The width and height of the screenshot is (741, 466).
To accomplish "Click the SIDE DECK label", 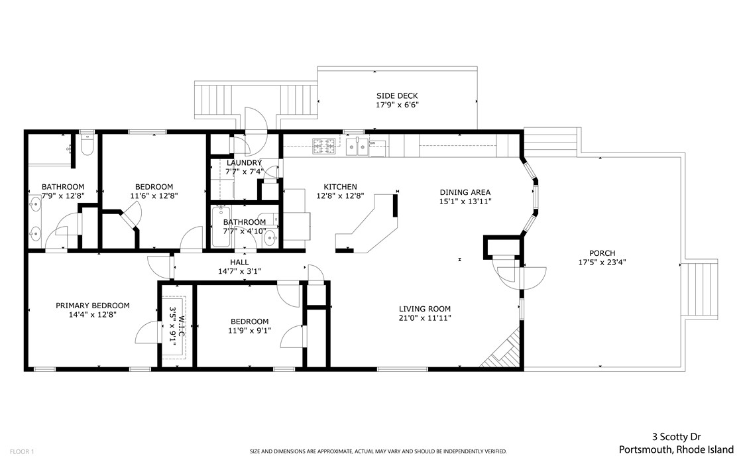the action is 397,96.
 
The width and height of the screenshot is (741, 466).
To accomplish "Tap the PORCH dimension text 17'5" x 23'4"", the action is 602,262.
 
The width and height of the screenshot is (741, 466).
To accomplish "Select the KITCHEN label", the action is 340,187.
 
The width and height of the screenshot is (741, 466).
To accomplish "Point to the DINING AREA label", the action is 465,192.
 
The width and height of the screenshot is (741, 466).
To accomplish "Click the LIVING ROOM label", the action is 425,309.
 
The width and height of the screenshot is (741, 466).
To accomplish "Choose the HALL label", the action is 239,262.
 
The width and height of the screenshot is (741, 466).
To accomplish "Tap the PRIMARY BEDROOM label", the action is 93,306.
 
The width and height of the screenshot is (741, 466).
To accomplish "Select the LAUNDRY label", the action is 244,163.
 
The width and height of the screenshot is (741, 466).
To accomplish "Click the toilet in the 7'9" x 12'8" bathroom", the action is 87,145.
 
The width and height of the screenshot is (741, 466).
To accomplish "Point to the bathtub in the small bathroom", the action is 221,227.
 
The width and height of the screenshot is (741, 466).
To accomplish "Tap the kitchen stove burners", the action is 323,146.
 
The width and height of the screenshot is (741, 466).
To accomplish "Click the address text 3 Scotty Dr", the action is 676,437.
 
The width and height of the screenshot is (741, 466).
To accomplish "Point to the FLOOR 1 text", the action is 22,452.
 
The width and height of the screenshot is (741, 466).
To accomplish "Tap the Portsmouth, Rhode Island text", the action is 676,449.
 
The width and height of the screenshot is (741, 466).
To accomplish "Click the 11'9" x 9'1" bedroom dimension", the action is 249,331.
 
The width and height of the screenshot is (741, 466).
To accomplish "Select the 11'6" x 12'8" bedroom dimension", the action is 154,196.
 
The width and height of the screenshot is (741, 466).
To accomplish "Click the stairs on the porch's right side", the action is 701,290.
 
